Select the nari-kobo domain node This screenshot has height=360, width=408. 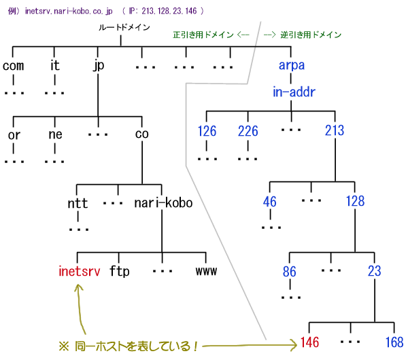click(163, 202)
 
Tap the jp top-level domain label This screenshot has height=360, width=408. click(99, 66)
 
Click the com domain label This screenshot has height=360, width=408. click(14, 66)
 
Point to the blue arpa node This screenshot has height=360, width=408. click(292, 66)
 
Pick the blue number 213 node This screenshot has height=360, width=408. click(335, 130)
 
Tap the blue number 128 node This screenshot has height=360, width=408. click(355, 201)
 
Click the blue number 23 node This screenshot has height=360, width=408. click(375, 272)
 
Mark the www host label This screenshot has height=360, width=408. click(206, 272)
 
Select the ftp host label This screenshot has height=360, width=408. click(120, 272)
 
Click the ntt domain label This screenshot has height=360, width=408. click(78, 202)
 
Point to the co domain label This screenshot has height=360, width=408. click(141, 134)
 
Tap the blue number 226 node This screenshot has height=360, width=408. click(248, 130)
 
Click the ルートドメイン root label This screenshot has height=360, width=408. click(122, 28)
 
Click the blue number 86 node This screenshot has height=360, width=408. click(290, 272)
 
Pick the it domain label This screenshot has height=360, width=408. click(55, 66)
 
